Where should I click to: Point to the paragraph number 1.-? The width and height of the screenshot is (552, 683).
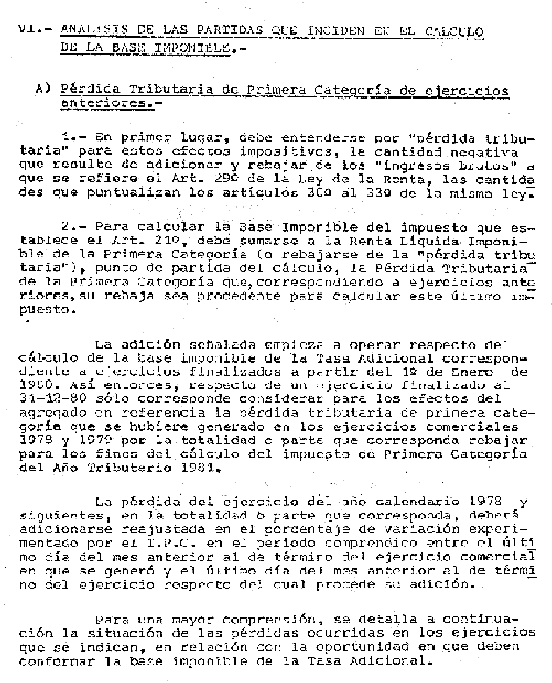point(73,137)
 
